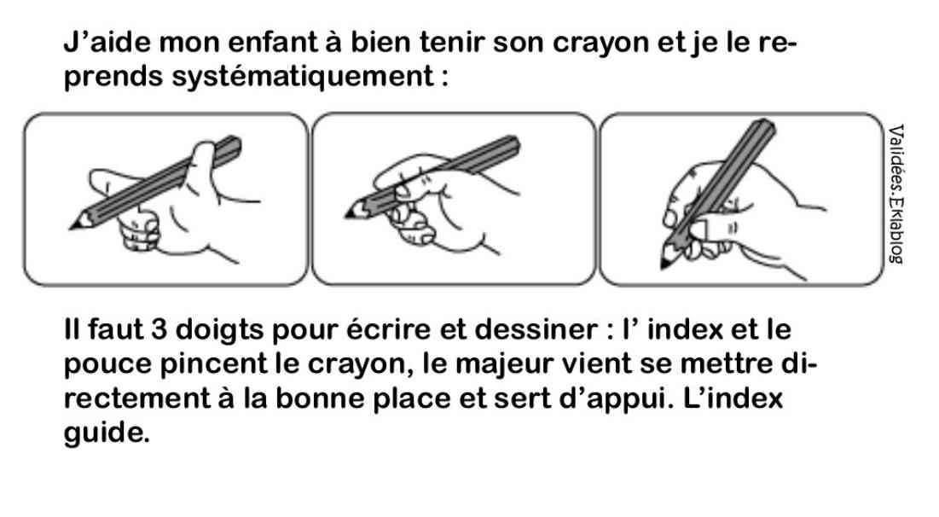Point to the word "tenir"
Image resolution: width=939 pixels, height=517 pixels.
pos(451,42)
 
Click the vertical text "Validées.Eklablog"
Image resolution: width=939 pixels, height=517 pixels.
pos(896,194)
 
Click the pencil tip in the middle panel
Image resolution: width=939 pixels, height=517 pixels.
pos(347,216)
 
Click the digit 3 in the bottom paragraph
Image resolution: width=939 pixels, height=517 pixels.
pos(159,329)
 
